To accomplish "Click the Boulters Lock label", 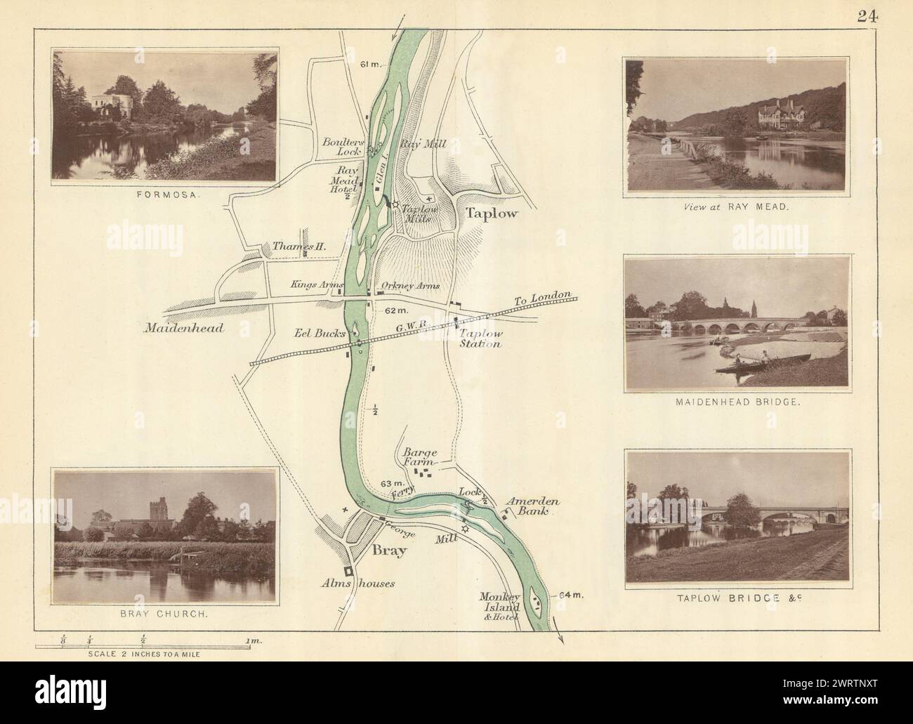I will (341, 145).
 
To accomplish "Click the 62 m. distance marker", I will (397, 310).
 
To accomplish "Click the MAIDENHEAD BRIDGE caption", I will (737, 404).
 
